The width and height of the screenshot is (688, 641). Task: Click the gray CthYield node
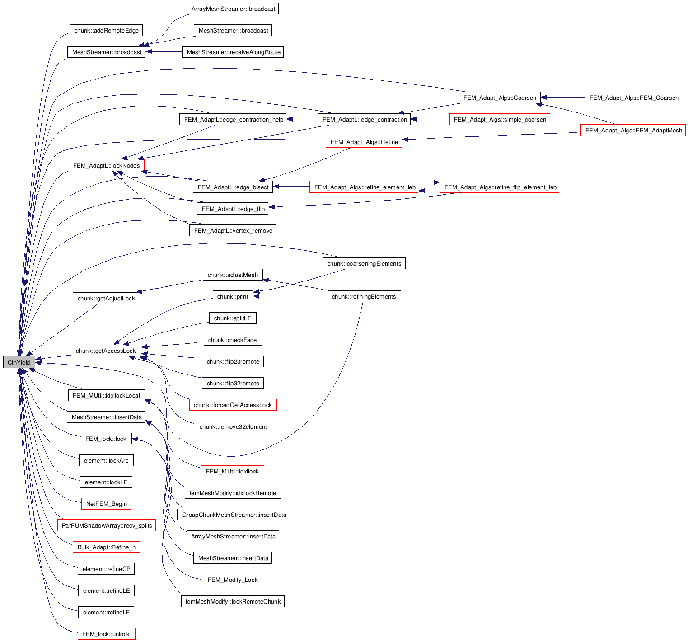pos(19,362)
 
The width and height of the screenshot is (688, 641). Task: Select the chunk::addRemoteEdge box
pos(106,31)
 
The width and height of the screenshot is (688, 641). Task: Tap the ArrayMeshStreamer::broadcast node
pos(233,9)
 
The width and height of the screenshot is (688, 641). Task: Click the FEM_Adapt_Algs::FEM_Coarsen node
pos(633,98)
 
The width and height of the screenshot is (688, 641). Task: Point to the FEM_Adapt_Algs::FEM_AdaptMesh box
pos(633,131)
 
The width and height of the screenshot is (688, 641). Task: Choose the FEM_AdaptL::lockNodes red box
pos(106,166)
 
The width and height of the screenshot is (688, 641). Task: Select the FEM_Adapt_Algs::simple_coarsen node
pos(500,120)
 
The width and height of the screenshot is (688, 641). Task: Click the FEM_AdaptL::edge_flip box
pos(233,209)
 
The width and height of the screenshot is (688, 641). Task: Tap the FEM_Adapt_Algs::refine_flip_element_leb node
pos(500,187)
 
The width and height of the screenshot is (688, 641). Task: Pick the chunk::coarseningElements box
pos(364,264)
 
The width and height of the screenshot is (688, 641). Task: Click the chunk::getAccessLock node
pos(106,351)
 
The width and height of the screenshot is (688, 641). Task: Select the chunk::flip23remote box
pos(233,362)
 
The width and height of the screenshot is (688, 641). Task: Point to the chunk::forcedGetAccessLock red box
pos(233,405)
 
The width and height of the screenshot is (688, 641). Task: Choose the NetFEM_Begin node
pos(107,504)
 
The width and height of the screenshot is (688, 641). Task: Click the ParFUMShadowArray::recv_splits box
pos(107,526)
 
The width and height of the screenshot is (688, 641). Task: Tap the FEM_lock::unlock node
pos(106,634)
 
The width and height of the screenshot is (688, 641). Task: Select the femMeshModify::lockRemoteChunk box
pos(233,602)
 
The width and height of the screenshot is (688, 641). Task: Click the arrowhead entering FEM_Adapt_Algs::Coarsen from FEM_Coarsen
pos(544,98)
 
